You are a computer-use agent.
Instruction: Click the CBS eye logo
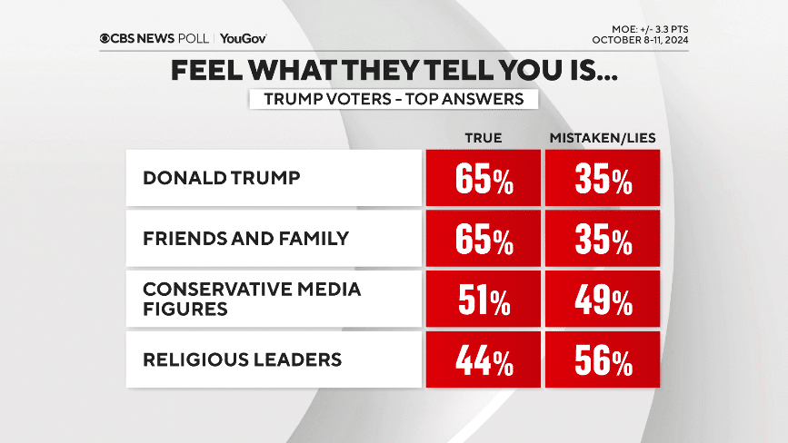tap(107, 39)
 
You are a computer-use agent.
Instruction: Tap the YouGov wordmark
tap(243, 39)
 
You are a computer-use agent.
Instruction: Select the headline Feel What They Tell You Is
tap(394, 71)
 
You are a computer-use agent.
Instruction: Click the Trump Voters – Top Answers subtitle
tap(394, 99)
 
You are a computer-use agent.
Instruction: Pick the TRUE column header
tap(483, 137)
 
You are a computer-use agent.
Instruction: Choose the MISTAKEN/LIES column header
tap(603, 137)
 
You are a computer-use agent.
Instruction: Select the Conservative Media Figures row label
tap(252, 299)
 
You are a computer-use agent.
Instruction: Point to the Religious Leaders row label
tap(242, 359)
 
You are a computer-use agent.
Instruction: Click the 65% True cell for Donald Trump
tap(484, 179)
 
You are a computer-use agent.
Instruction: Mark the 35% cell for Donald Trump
tap(603, 179)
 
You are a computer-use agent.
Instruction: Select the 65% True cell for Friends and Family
tap(484, 240)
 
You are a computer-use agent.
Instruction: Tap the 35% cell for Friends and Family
tap(603, 240)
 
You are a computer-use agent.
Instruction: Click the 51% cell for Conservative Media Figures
tap(484, 300)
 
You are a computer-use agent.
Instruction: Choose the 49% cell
tap(603, 300)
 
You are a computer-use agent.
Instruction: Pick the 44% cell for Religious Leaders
tap(484, 360)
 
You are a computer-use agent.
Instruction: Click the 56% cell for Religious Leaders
tap(603, 360)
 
